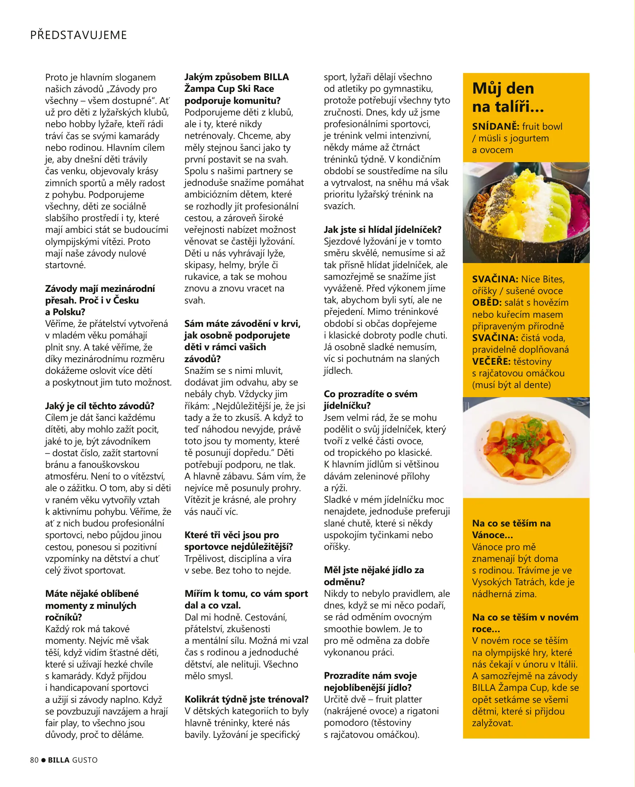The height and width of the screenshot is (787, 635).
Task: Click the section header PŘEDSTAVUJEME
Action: (78, 35)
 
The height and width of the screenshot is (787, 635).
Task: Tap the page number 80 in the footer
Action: (34, 760)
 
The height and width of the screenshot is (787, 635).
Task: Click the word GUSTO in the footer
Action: (85, 760)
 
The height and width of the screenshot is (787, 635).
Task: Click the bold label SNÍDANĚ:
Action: (495, 127)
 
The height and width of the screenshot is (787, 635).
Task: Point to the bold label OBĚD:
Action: (486, 303)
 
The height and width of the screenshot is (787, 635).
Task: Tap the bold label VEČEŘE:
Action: (491, 362)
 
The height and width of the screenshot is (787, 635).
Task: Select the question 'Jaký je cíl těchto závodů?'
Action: (99, 406)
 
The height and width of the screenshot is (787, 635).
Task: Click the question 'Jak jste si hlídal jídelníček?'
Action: (382, 230)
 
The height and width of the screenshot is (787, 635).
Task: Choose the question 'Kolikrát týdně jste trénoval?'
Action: (246, 699)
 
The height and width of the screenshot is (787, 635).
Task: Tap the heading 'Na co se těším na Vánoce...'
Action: (511, 529)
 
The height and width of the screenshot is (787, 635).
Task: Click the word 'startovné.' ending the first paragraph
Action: (65, 265)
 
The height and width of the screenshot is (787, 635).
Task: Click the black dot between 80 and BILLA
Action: (44, 760)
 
